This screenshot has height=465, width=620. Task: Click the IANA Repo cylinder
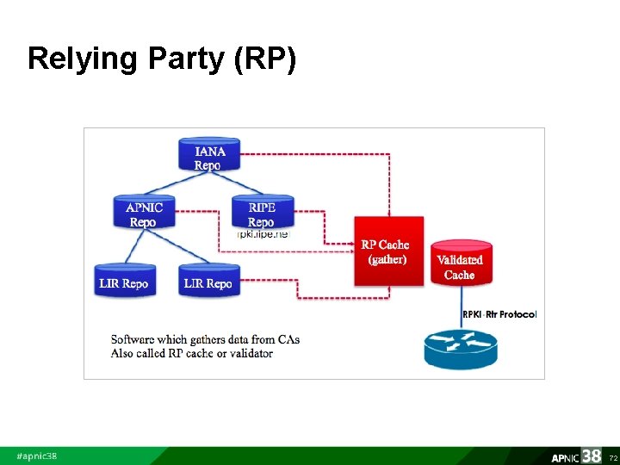208,156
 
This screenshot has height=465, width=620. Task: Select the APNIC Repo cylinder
144,213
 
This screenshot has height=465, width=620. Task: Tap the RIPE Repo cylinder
262,213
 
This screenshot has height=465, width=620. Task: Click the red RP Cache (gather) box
389,251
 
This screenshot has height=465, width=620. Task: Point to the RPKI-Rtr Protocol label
499,314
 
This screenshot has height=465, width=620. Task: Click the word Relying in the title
70,59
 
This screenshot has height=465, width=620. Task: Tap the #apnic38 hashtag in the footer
37,456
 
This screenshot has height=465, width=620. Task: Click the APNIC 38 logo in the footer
576,456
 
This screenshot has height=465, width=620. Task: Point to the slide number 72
613,457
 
